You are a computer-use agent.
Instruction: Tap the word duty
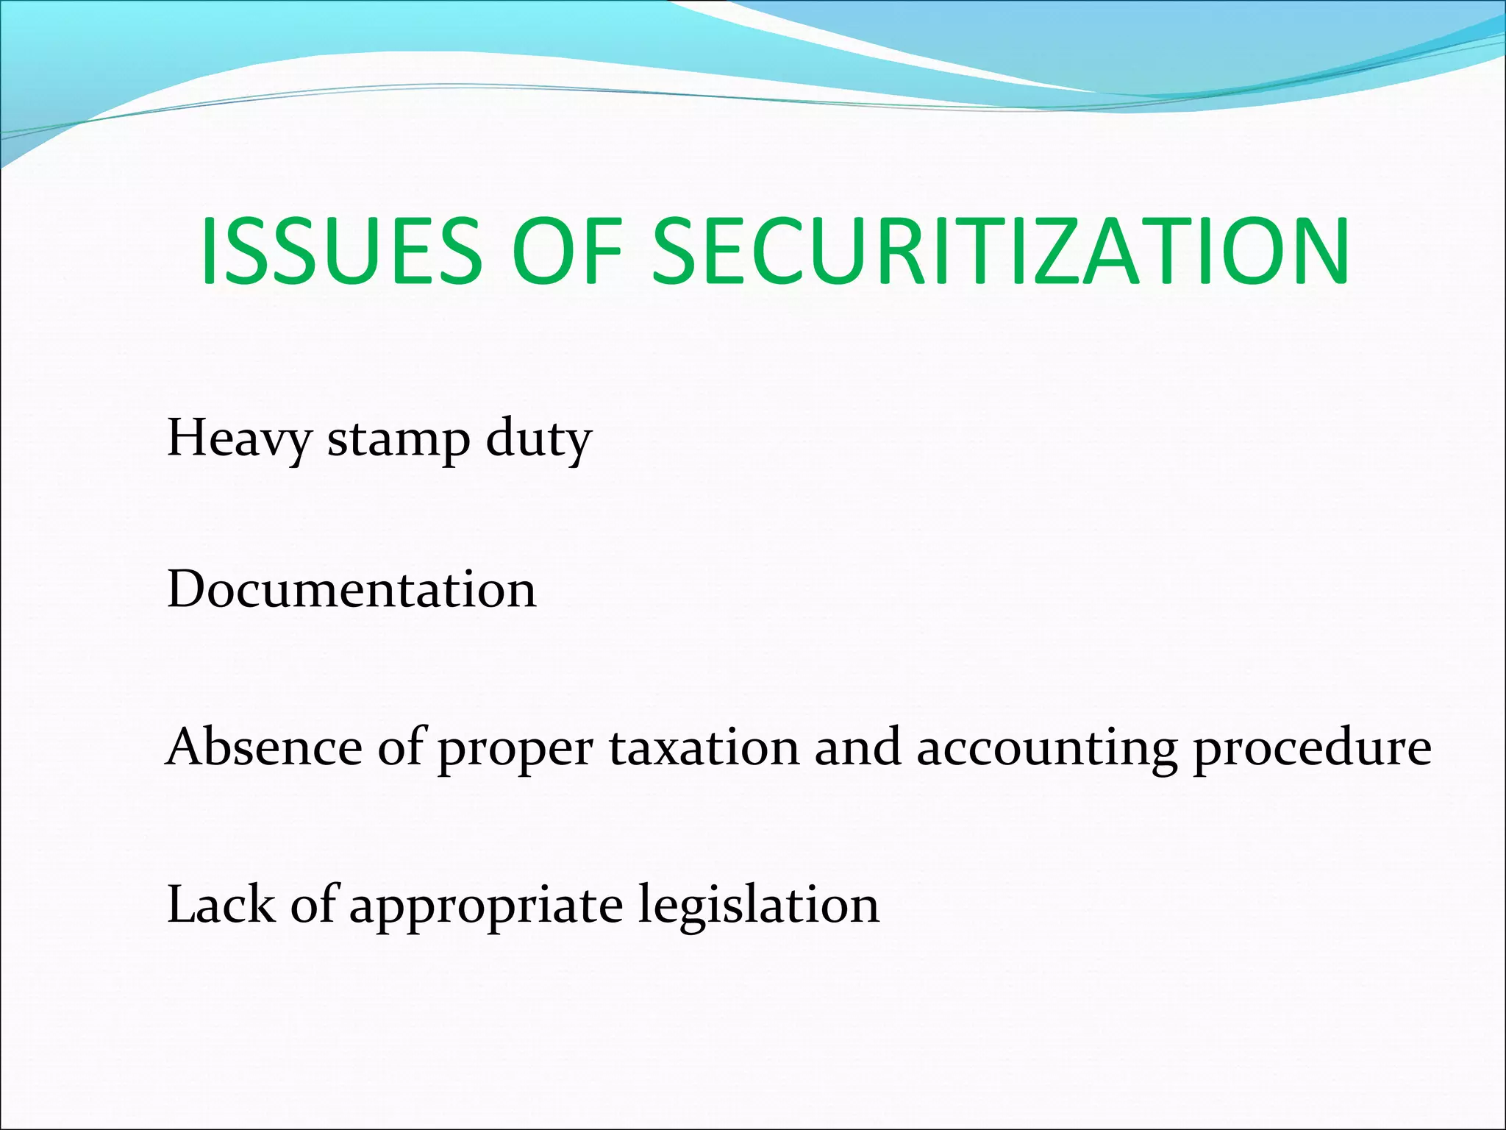(538, 439)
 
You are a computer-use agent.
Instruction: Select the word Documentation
(351, 589)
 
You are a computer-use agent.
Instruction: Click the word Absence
(264, 747)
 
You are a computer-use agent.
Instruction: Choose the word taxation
(704, 747)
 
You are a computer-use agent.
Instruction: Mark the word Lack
(221, 904)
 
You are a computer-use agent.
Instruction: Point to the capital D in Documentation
(187, 589)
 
